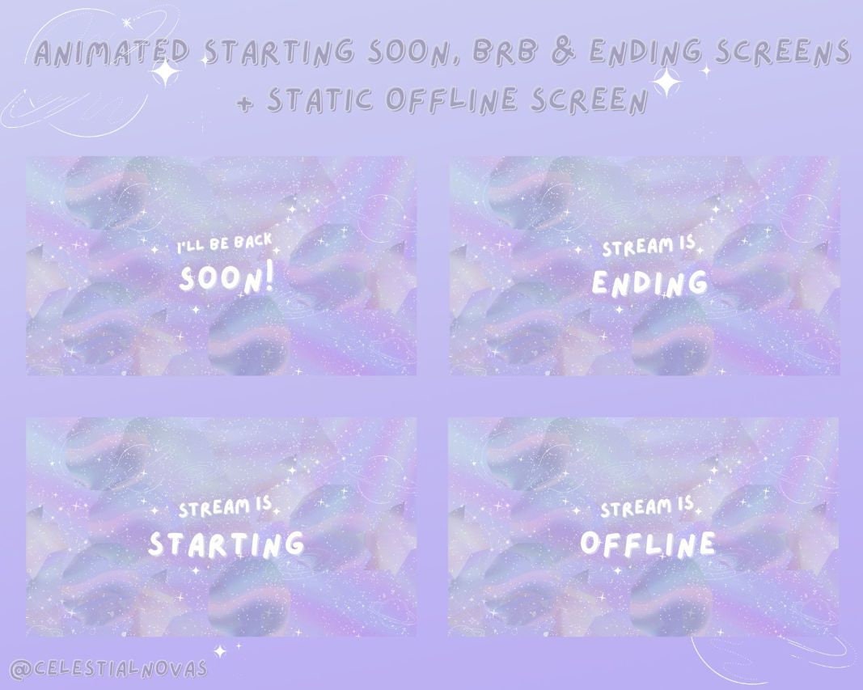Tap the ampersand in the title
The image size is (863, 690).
pyautogui.click(x=566, y=53)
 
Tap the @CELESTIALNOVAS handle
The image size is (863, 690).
pyautogui.click(x=109, y=669)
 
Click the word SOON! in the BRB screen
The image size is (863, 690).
pyautogui.click(x=227, y=279)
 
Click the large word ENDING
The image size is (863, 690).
pyautogui.click(x=649, y=283)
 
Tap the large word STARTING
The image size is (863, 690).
pyautogui.click(x=226, y=544)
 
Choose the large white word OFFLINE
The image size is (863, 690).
pyautogui.click(x=649, y=544)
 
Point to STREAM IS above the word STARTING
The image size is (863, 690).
pyautogui.click(x=226, y=509)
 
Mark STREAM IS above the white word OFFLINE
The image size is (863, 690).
pyautogui.click(x=647, y=509)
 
